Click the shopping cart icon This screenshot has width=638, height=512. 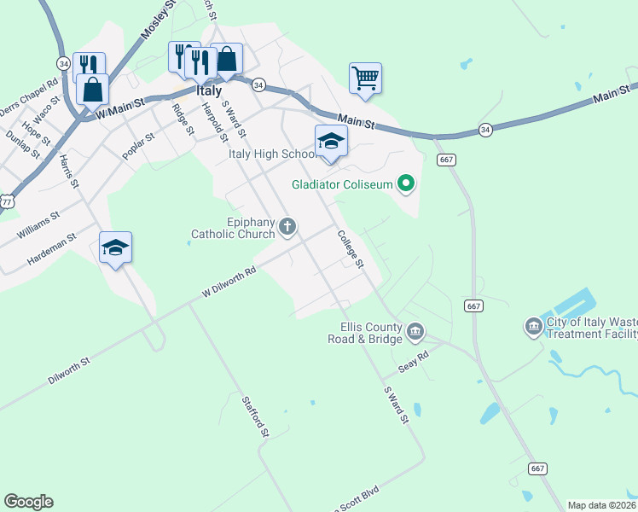[x=365, y=79]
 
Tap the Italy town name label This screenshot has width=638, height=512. [x=208, y=90]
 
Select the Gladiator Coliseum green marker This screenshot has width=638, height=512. [x=406, y=183]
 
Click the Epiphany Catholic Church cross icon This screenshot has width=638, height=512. [x=288, y=226]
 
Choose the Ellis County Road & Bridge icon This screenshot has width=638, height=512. [x=415, y=330]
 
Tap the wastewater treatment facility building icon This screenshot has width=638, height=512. [x=533, y=326]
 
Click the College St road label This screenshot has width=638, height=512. [x=351, y=249]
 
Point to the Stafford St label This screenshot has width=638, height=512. [x=255, y=417]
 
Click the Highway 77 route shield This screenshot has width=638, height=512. [x=6, y=201]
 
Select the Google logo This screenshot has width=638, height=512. [x=28, y=502]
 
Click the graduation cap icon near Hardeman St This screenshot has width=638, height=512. [x=115, y=248]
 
